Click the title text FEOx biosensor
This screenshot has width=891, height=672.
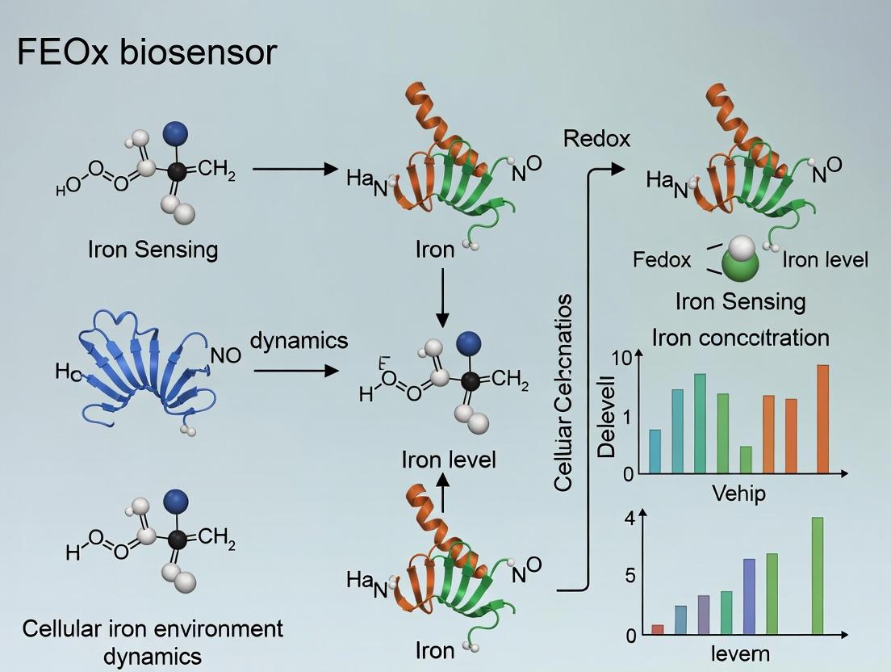[147, 52]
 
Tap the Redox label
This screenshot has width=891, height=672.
[596, 138]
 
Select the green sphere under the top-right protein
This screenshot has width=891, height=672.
[740, 264]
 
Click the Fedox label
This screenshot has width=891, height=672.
[662, 260]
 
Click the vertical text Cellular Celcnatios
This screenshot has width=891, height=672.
[563, 393]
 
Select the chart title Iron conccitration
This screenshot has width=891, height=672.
[741, 336]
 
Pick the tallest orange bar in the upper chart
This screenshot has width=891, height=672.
[822, 419]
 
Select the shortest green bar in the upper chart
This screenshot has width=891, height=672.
[746, 459]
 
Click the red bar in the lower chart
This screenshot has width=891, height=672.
[657, 629]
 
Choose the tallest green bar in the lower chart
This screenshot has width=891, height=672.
[817, 576]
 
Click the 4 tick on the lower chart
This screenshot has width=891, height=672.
[630, 518]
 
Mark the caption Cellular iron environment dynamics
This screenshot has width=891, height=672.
[153, 641]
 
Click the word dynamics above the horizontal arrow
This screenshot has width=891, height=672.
[299, 340]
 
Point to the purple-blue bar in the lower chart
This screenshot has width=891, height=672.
[749, 596]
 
